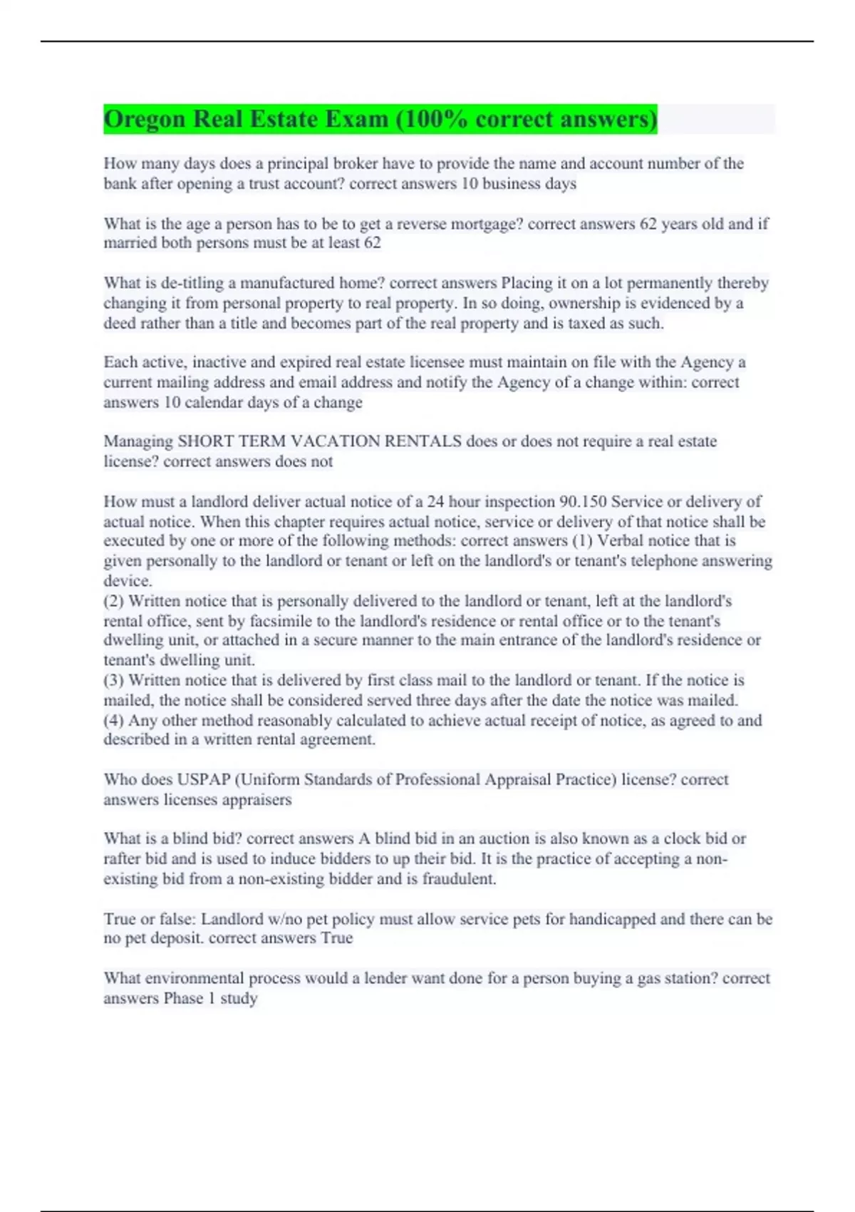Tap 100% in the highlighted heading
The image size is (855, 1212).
[x=431, y=119]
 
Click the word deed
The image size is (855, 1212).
[x=119, y=324]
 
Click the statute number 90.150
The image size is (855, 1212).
[x=581, y=501]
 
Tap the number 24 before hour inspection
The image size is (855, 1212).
[x=435, y=501]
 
